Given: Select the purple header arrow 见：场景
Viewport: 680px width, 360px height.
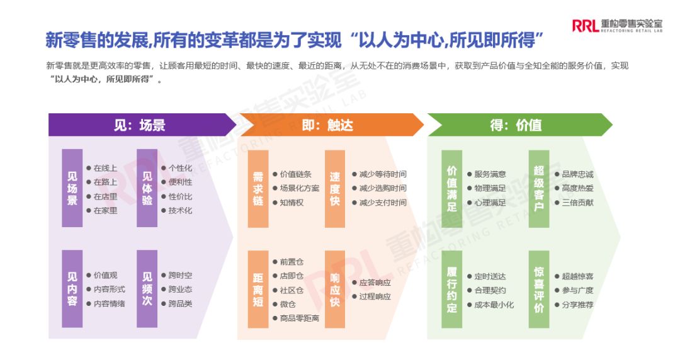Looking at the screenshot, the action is pyautogui.click(x=140, y=125).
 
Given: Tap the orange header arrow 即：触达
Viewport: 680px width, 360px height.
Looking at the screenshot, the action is pyautogui.click(x=327, y=125).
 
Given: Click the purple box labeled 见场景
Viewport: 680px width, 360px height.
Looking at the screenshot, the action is pyautogui.click(x=72, y=188).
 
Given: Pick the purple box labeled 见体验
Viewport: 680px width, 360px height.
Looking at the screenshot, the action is pyautogui.click(x=147, y=188).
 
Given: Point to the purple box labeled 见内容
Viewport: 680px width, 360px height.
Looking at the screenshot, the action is pyautogui.click(x=72, y=289).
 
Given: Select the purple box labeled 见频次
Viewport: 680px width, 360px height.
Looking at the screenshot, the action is pyautogui.click(x=147, y=289).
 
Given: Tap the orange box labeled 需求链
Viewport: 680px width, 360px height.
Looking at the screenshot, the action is pyautogui.click(x=258, y=188).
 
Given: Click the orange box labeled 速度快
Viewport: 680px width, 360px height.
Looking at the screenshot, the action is pyautogui.click(x=335, y=188).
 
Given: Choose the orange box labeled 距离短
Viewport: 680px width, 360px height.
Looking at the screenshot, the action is pyautogui.click(x=258, y=289).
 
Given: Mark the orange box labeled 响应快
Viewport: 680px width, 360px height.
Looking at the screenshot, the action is pyautogui.click(x=335, y=289).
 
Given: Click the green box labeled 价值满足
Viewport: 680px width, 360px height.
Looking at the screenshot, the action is pyautogui.click(x=451, y=188).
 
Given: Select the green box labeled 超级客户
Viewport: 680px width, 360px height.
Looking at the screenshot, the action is pyautogui.click(x=539, y=188).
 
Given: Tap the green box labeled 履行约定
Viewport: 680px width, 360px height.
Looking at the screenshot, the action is pyautogui.click(x=451, y=289).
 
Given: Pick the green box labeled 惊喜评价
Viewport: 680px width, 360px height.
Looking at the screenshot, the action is pyautogui.click(x=539, y=289).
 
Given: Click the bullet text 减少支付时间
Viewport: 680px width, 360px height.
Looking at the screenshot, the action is pyautogui.click(x=383, y=203).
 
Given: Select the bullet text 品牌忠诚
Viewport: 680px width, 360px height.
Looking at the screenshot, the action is pyautogui.click(x=577, y=174).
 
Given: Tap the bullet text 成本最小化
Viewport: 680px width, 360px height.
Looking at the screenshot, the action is pyautogui.click(x=494, y=305).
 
